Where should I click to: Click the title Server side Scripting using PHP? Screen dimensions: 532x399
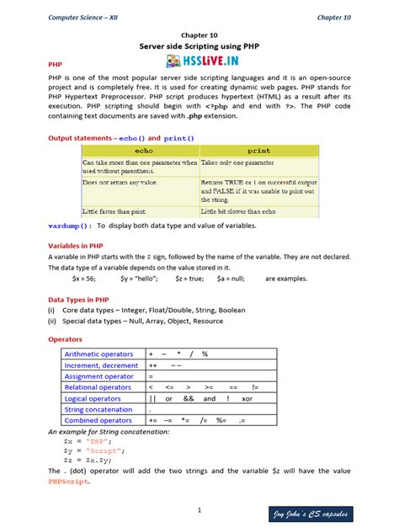pos(199,47)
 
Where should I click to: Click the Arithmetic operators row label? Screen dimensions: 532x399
pos(98,354)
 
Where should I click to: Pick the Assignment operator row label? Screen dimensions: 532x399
pos(99,376)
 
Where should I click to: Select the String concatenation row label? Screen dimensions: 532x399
pos(98,409)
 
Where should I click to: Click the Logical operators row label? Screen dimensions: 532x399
pos(93,398)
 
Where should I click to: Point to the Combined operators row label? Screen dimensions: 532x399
pos(98,420)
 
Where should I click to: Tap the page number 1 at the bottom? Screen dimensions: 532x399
pos(199,510)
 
